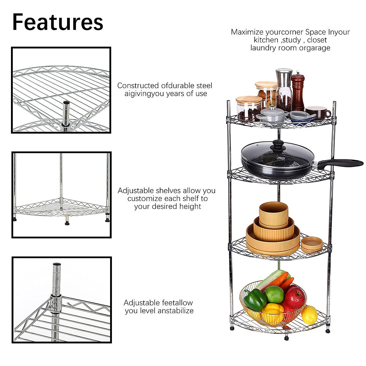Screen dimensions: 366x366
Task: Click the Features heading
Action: (x=58, y=22)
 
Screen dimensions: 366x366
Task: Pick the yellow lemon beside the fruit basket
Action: (x=309, y=314)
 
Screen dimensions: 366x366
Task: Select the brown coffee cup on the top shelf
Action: (x=317, y=112)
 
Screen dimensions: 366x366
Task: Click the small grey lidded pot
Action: (x=272, y=115)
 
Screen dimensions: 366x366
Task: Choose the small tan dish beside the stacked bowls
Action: (x=312, y=244)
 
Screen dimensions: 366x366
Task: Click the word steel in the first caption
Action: (x=204, y=86)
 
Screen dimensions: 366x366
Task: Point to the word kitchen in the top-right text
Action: (x=266, y=40)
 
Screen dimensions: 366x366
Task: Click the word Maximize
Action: (x=247, y=32)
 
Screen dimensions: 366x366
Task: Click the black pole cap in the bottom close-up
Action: (x=57, y=264)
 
